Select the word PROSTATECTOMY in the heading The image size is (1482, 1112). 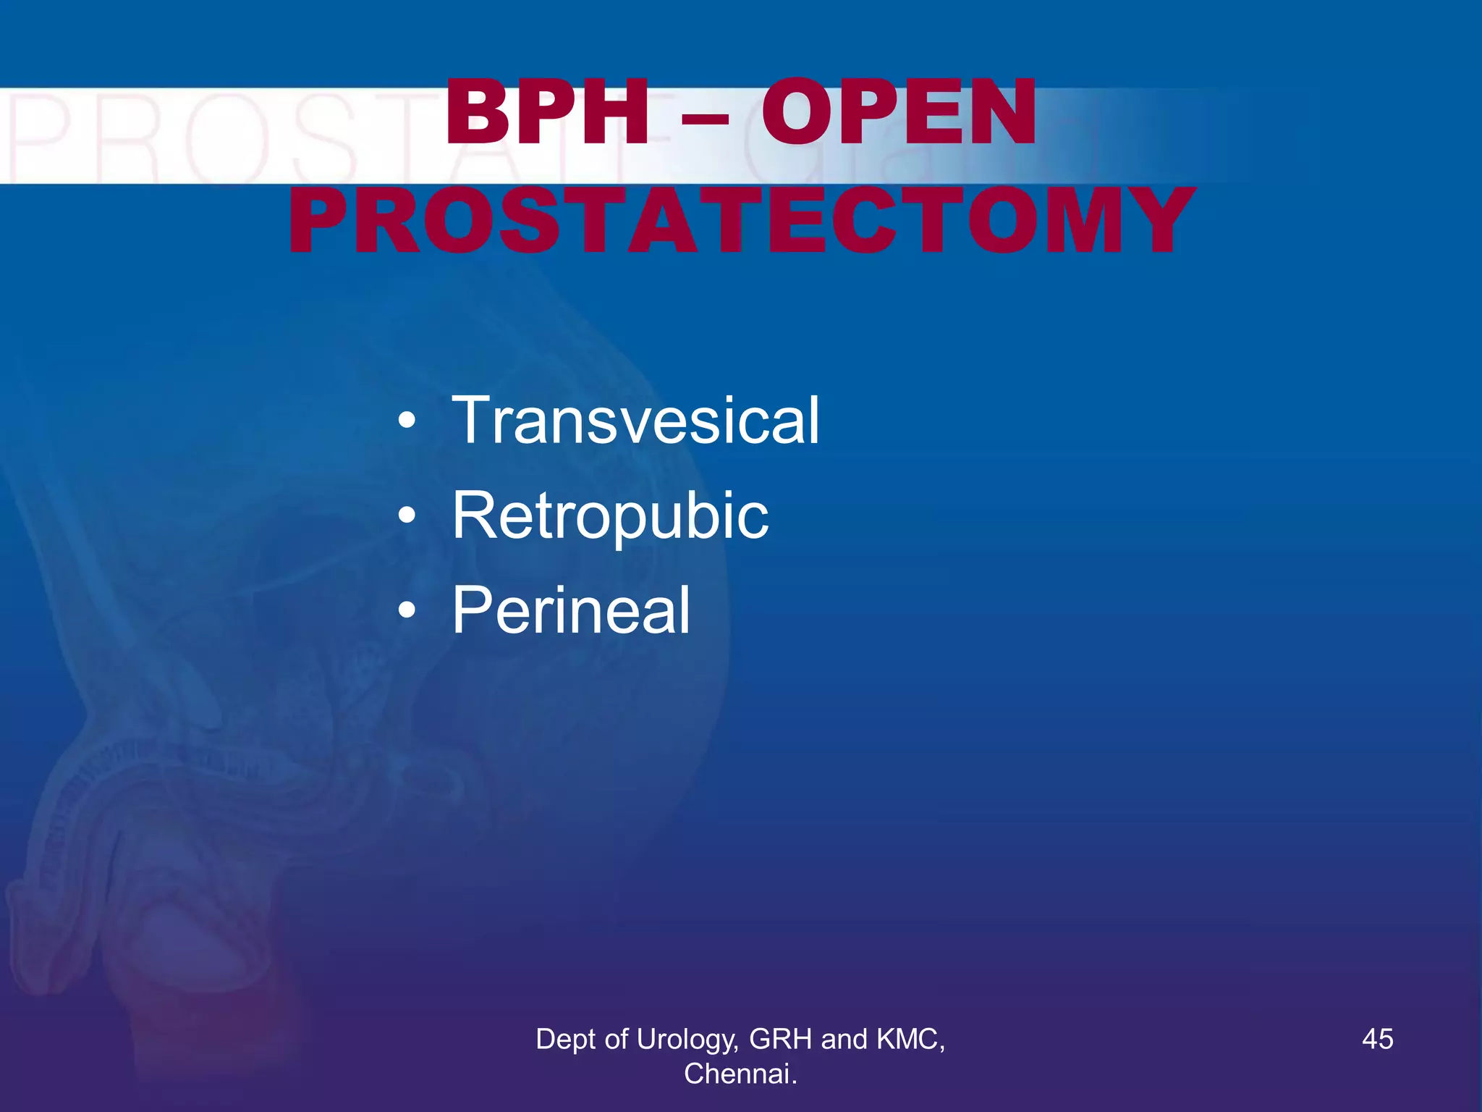click(x=741, y=220)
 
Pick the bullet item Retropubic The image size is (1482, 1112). click(x=610, y=515)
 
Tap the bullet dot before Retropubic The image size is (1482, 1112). click(x=407, y=515)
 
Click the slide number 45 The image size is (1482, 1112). click(x=1377, y=1039)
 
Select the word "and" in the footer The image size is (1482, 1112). click(x=844, y=1039)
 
